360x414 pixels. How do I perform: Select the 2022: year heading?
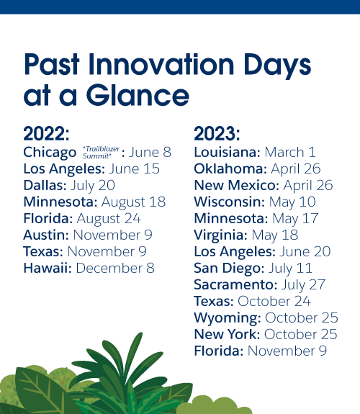[47, 134]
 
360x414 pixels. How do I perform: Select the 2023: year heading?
[217, 134]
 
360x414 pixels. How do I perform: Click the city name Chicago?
[50, 152]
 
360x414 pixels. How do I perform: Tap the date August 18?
[133, 202]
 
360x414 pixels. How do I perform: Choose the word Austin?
[46, 235]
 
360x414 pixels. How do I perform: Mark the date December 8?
[115, 268]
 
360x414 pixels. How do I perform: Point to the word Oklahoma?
[230, 168]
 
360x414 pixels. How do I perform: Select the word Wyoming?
[227, 318]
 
